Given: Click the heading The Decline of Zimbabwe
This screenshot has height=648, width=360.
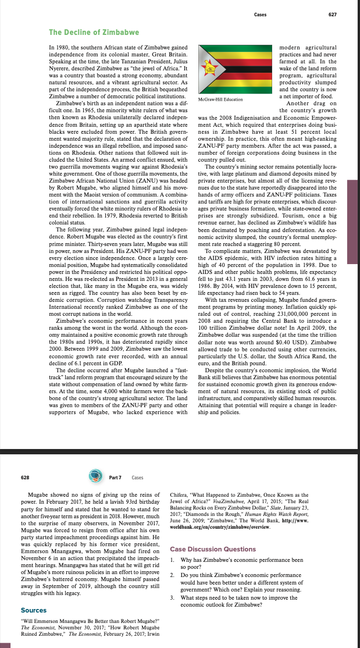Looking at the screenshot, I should coord(85,31).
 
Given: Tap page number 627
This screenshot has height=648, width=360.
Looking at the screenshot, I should coord(332,15).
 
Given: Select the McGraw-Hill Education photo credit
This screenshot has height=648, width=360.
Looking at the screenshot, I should coord(217,99).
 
